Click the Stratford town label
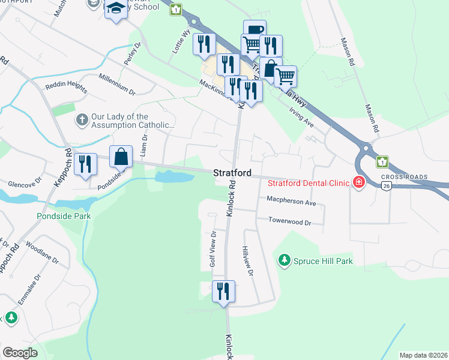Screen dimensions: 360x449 (x=232, y=173)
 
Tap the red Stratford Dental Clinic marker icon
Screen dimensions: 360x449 (x=359, y=182)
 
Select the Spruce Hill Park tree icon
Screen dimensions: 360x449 (x=285, y=260)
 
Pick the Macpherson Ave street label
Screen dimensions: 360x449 (x=291, y=203)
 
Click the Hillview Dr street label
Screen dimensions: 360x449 (x=247, y=260)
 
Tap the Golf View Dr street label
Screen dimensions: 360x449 (x=212, y=250)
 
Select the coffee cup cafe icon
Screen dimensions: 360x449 (x=254, y=29)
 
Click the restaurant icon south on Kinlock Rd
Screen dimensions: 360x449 (x=223, y=291)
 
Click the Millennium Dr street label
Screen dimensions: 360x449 (x=118, y=86)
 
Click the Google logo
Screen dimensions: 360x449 (x=20, y=353)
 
